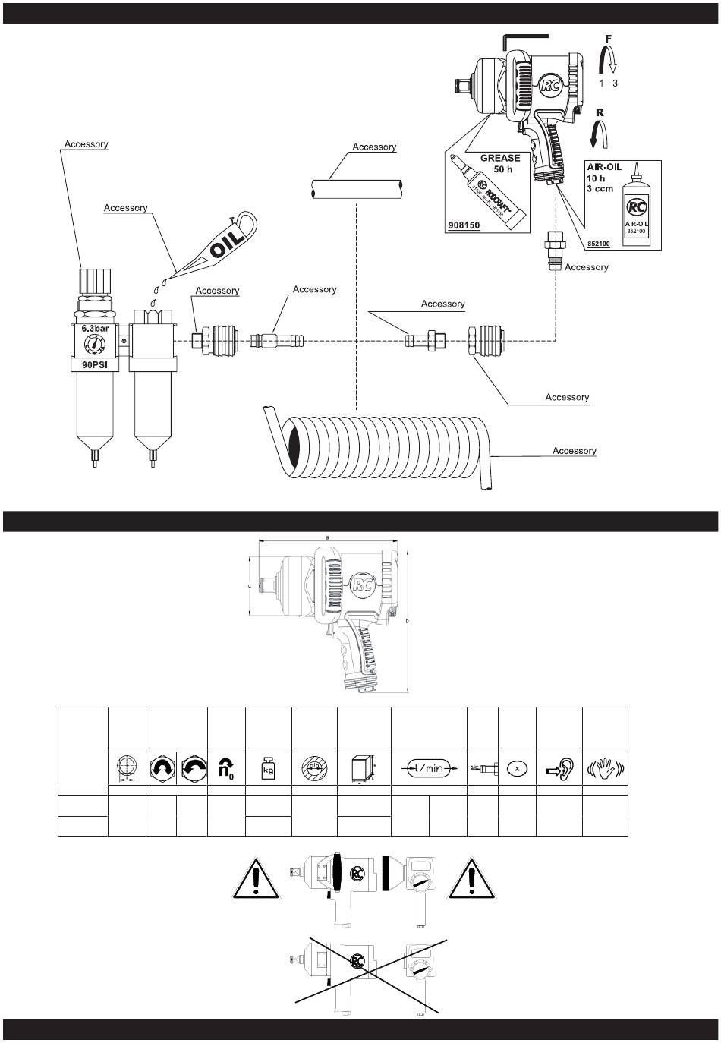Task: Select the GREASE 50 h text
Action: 500,163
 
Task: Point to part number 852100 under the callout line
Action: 599,244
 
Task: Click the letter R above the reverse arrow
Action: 600,112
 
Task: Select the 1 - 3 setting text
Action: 608,83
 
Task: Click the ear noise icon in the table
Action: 559,768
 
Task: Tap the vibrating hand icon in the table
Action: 604,768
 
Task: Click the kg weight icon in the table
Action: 268,767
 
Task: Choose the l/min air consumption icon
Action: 428,768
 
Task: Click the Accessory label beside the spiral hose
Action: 574,451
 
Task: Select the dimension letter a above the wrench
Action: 327,537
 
